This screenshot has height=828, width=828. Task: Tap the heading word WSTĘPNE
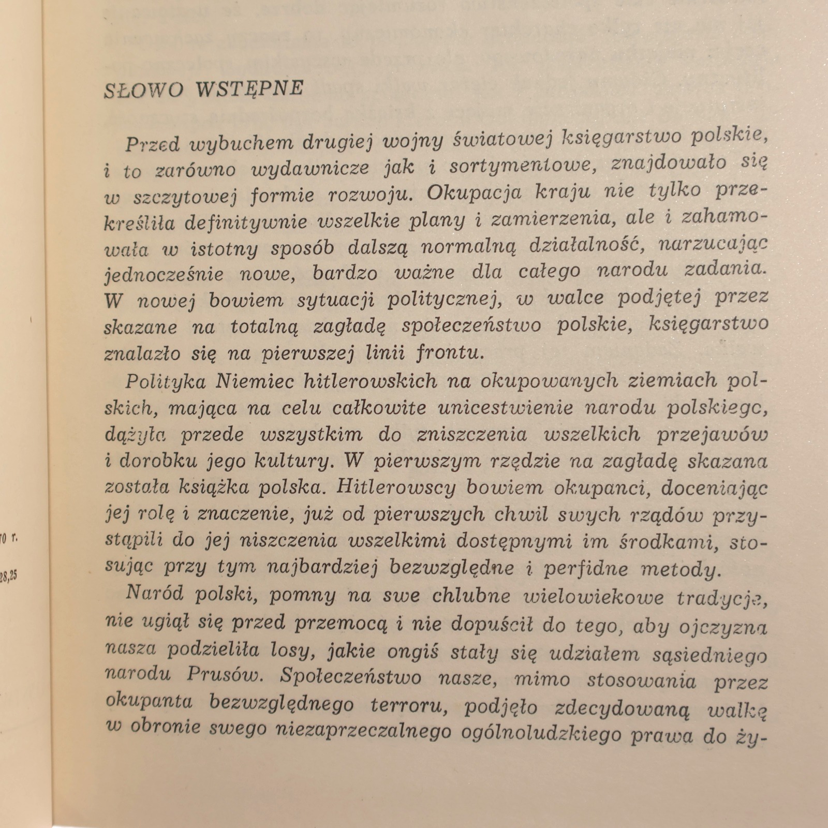pos(249,88)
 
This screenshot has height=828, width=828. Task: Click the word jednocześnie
pos(164,274)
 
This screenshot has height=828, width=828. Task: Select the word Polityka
pos(165,382)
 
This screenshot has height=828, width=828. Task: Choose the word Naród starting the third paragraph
pos(155,594)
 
